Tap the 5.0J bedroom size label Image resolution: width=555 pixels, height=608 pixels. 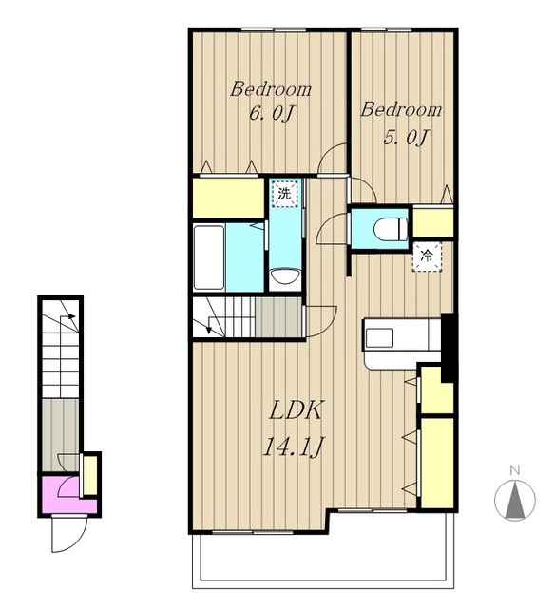click(x=406, y=137)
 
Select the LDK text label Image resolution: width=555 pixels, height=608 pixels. click(x=296, y=410)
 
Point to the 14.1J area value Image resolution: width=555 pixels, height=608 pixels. click(x=294, y=446)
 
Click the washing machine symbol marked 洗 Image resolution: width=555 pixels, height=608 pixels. click(x=285, y=193)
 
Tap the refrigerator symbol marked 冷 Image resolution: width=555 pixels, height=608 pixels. click(x=427, y=256)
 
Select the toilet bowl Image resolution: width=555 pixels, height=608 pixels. click(x=391, y=229)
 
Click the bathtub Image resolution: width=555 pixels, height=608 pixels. click(x=209, y=256)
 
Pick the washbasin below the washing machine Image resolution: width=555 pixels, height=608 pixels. click(x=285, y=276)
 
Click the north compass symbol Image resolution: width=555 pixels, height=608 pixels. click(x=515, y=500)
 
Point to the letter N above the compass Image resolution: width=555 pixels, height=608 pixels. click(x=515, y=471)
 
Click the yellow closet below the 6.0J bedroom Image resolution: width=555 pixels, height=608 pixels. click(x=228, y=198)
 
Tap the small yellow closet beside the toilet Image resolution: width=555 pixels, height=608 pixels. click(x=432, y=222)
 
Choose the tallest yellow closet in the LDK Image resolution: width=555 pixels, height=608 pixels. click(x=437, y=463)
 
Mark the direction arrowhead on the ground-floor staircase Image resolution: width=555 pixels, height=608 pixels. click(x=71, y=316)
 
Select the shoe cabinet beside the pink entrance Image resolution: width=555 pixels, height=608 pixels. click(x=90, y=475)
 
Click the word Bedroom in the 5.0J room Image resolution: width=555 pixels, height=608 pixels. click(x=401, y=110)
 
